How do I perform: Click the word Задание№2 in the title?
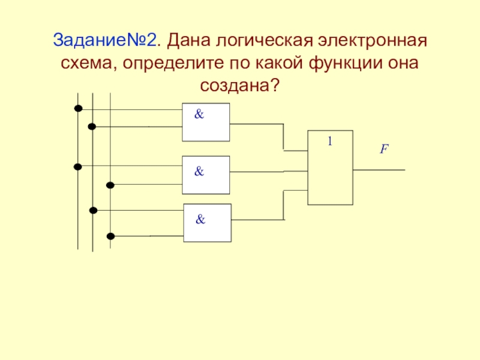tap(104, 40)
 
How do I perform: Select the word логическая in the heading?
tap(265, 41)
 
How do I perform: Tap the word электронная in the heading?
tap(372, 41)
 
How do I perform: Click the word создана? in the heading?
tap(240, 85)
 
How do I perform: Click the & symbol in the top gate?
tap(199, 114)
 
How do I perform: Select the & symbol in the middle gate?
tap(199, 171)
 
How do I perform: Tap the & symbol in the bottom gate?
tap(200, 219)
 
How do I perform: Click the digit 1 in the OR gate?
tap(329, 141)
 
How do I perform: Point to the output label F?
tap(384, 149)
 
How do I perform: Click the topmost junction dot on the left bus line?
tap(79, 109)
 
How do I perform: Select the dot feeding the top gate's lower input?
tap(92, 127)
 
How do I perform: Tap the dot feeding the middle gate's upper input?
tap(78, 167)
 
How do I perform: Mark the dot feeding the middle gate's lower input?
tap(110, 185)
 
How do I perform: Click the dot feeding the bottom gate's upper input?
tap(94, 211)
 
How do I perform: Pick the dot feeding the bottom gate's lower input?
tap(110, 236)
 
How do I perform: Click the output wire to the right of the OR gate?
tap(379, 170)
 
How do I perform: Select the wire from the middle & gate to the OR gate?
tap(268, 172)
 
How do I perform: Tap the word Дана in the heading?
tap(188, 41)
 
